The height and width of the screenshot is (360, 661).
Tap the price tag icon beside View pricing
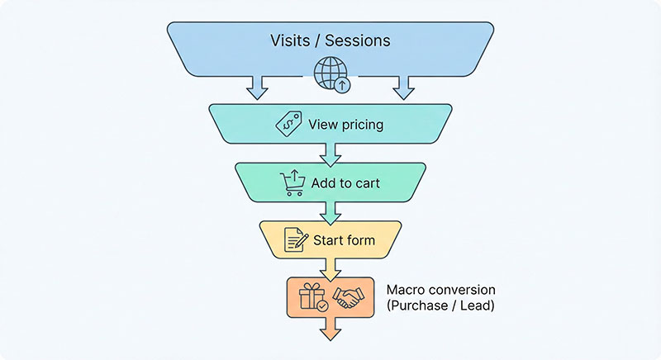288,124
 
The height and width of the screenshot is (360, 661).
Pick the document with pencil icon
295,240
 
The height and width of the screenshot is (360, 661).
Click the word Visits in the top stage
288,40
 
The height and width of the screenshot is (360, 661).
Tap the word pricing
361,125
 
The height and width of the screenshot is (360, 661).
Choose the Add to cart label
346,182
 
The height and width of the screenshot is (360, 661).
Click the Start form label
344,241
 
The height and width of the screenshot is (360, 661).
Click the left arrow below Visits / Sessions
257,86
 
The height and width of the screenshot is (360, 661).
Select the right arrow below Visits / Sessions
403,86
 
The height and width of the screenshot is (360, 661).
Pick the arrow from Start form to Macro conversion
330,268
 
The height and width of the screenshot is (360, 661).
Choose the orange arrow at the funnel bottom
330,329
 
